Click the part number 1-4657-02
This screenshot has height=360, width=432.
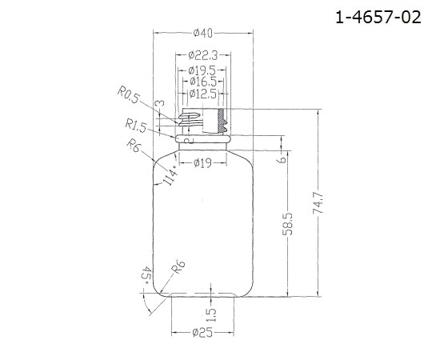click(378, 18)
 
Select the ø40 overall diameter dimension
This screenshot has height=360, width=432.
click(202, 33)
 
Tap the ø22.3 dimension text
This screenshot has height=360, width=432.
click(202, 55)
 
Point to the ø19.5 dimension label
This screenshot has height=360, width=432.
click(202, 70)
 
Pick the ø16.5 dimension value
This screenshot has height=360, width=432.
click(202, 82)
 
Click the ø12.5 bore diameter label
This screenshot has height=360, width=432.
click(202, 94)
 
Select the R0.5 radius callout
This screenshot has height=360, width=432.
click(128, 96)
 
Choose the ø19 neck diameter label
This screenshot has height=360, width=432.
click(203, 163)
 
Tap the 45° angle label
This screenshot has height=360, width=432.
click(146, 276)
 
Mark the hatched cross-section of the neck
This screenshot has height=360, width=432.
click(221, 122)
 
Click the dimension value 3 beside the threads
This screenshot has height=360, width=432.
click(160, 106)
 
